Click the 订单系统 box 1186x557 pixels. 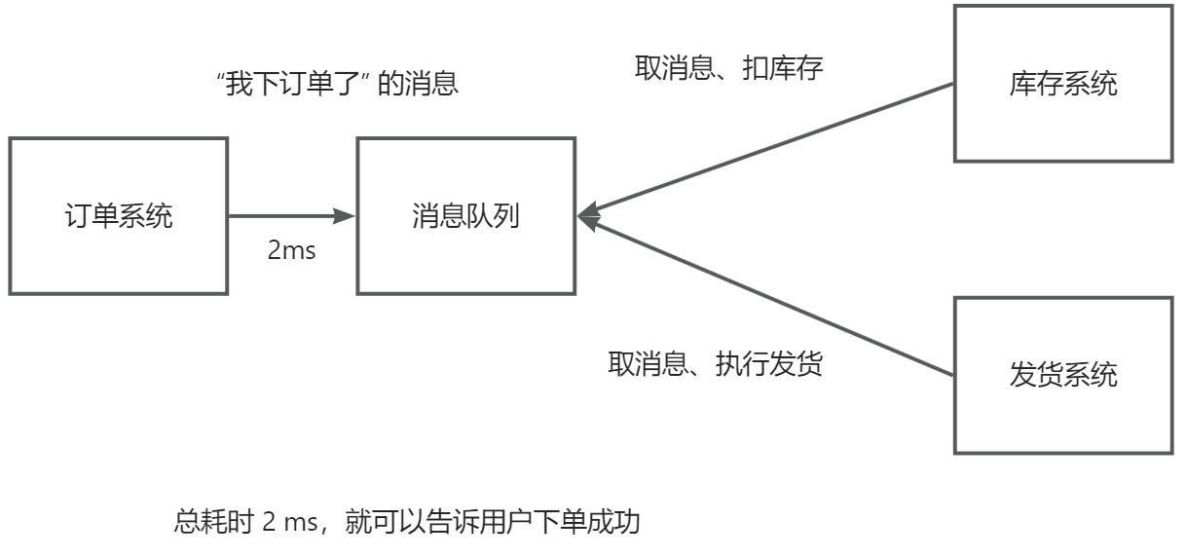click(118, 216)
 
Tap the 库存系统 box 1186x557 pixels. click(1061, 84)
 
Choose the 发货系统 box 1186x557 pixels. click(1061, 375)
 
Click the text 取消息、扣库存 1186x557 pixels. click(716, 68)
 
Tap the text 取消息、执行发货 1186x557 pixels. click(716, 365)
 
